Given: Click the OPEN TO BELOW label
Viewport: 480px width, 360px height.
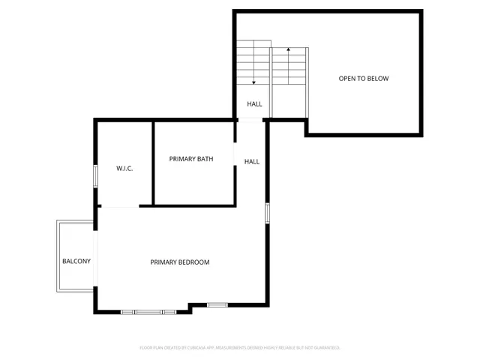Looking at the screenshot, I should (363, 79).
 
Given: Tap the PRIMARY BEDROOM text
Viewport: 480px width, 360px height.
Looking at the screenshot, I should (179, 262).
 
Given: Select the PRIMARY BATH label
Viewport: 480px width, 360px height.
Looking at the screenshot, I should (190, 159).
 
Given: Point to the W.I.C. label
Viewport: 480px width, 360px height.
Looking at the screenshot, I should (124, 169).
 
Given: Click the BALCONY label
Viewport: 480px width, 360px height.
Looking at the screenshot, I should (76, 261).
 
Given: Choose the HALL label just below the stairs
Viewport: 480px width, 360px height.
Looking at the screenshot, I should (254, 104).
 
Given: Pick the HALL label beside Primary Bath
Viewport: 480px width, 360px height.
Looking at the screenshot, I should (252, 161).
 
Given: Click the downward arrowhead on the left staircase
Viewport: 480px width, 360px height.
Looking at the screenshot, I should (254, 81).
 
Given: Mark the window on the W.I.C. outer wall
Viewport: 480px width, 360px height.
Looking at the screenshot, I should (95, 175).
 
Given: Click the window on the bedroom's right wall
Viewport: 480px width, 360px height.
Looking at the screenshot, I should (267, 212).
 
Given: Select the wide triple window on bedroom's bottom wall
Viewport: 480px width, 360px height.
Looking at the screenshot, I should (148, 311).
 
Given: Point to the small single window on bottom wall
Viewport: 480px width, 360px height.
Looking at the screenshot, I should (217, 304).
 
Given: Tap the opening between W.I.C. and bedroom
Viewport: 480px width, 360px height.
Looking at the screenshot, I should (120, 206).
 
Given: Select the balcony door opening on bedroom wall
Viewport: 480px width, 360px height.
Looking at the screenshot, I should (95, 255).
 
